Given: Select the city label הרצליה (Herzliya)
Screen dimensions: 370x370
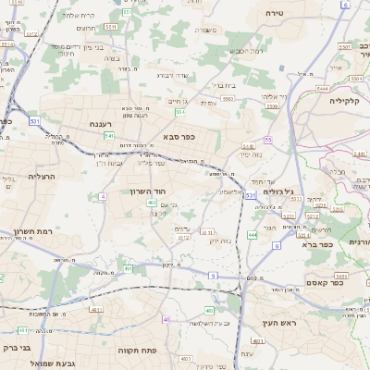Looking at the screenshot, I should click(x=43, y=176).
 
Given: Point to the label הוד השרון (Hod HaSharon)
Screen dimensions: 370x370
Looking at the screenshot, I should click(x=146, y=191).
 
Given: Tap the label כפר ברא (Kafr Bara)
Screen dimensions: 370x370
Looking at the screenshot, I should click(x=315, y=245).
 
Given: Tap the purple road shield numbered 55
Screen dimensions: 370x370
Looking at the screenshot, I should click(x=268, y=140).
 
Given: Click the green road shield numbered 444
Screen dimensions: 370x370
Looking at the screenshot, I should click(x=253, y=236).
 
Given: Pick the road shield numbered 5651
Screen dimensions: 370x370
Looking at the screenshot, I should click(x=341, y=277).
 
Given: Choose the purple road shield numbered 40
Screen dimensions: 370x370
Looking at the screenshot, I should click(x=166, y=319).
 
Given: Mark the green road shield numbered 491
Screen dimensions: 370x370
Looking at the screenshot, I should click(x=129, y=268).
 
